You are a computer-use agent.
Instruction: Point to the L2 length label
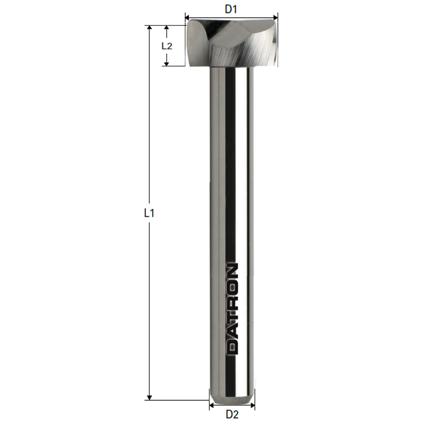(x=167, y=46)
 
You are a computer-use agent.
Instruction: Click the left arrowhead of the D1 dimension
(x=187, y=18)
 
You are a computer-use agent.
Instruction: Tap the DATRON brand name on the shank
(x=232, y=309)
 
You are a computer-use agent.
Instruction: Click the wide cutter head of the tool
(x=232, y=45)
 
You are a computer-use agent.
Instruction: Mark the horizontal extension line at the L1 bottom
(x=178, y=400)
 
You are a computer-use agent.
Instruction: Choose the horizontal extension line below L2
(x=174, y=66)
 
